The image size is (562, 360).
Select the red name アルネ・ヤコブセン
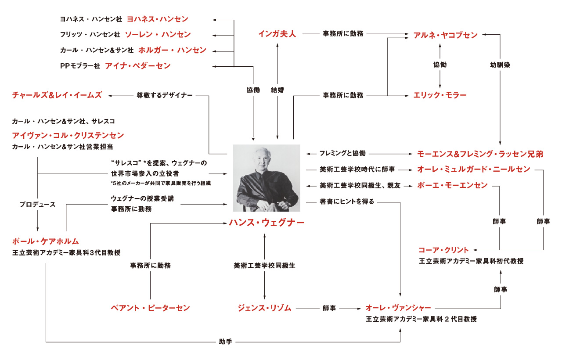445,36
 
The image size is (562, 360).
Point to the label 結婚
277,90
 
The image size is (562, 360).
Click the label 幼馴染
500,65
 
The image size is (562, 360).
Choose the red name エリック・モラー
440,95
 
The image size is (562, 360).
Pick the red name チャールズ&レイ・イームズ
57,95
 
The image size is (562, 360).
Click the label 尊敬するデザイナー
165,95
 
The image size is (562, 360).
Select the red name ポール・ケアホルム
46,241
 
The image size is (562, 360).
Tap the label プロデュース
38,205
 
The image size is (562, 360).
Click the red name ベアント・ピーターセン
150,308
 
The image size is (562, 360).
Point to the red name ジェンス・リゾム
264,308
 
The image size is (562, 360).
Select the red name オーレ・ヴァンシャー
399,308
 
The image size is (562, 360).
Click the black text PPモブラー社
80,66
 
